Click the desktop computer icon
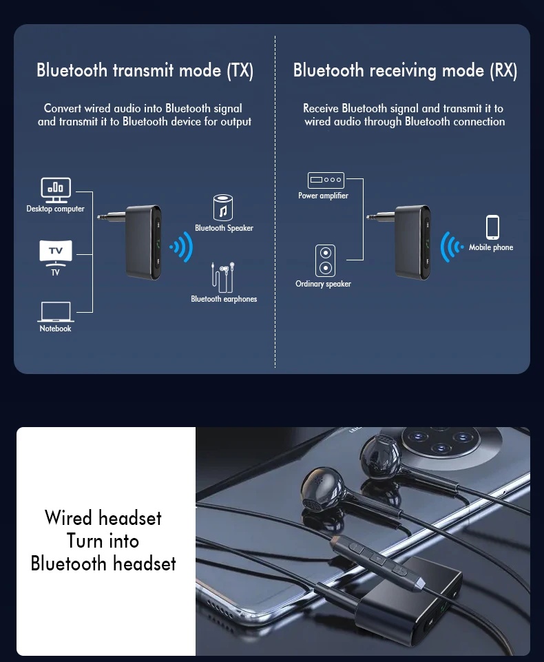[55, 189]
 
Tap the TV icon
[55, 252]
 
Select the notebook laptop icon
[55, 311]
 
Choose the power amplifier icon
[326, 180]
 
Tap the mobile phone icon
[492, 227]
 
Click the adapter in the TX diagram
[141, 241]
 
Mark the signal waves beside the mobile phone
[452, 246]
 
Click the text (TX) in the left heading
[240, 70]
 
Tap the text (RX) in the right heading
[503, 70]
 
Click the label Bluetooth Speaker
[224, 228]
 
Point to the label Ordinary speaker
[323, 284]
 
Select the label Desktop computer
[55, 209]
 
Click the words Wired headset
[103, 518]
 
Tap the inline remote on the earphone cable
[375, 557]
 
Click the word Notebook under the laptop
[55, 329]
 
